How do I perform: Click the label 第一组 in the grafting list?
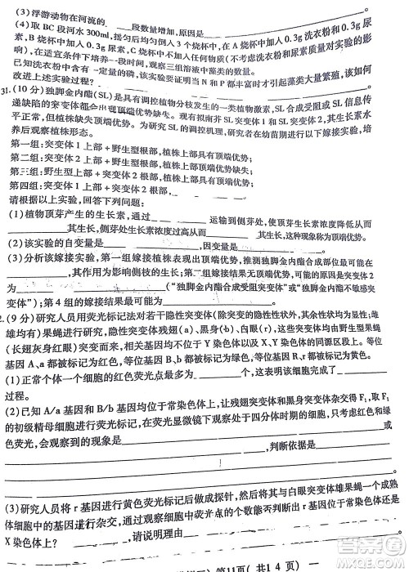25,142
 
